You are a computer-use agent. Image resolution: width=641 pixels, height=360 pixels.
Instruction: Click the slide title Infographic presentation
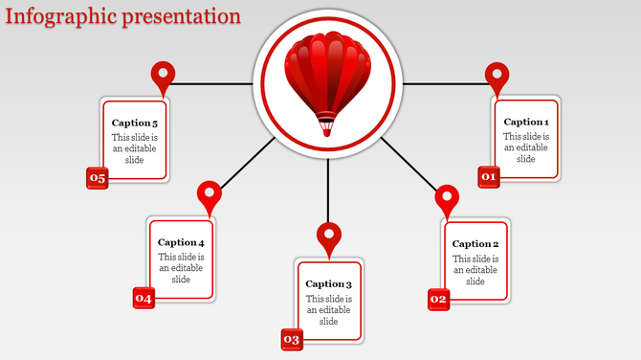(x=122, y=16)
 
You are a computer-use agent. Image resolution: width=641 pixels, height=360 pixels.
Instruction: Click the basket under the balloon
(x=327, y=124)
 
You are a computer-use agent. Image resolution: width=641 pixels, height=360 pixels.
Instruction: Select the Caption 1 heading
(x=526, y=122)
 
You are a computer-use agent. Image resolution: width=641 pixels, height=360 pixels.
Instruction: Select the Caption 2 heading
(x=475, y=244)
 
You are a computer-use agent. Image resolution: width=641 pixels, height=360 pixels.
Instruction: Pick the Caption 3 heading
(x=329, y=284)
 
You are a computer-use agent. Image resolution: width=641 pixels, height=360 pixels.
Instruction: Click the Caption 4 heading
(x=181, y=243)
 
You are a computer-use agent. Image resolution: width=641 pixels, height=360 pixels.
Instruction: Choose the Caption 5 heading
(x=135, y=123)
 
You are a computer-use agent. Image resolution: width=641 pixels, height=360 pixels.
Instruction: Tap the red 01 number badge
(x=489, y=177)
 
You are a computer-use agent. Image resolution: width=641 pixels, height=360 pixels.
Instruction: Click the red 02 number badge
(x=438, y=300)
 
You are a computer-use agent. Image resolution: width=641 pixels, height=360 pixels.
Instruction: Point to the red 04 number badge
(x=144, y=299)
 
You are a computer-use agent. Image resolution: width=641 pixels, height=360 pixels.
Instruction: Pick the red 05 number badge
(x=98, y=177)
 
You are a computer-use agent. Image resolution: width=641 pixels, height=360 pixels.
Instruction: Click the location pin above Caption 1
(x=497, y=76)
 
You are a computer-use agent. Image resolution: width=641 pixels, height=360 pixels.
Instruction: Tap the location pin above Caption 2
(x=447, y=199)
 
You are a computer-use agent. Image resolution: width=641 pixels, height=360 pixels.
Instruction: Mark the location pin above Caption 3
(x=329, y=236)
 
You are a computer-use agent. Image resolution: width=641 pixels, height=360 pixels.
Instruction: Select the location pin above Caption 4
(x=209, y=194)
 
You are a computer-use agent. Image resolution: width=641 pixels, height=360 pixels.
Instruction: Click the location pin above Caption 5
(x=164, y=75)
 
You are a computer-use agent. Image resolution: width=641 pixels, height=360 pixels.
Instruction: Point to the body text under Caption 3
(x=329, y=310)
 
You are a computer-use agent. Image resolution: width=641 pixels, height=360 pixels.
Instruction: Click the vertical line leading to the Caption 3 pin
(x=328, y=190)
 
